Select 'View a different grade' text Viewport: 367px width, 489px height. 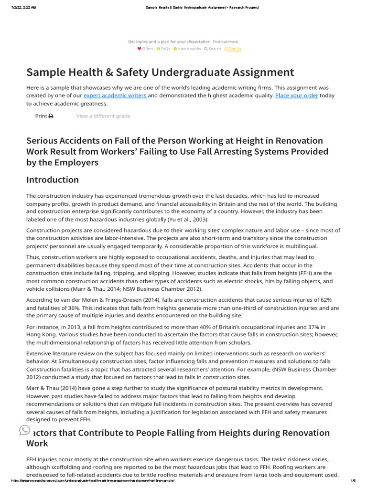tap(103, 116)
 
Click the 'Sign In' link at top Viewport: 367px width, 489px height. tap(233, 49)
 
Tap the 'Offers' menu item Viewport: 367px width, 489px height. tap(146, 49)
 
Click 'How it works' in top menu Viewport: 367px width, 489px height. tap(187, 49)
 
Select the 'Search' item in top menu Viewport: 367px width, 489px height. tap(213, 49)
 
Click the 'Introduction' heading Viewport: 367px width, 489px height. tap(53, 180)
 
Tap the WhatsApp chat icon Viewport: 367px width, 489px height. tap(24, 430)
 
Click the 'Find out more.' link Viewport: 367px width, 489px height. tap(226, 42)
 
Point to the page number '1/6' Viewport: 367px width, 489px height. tap(353, 480)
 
